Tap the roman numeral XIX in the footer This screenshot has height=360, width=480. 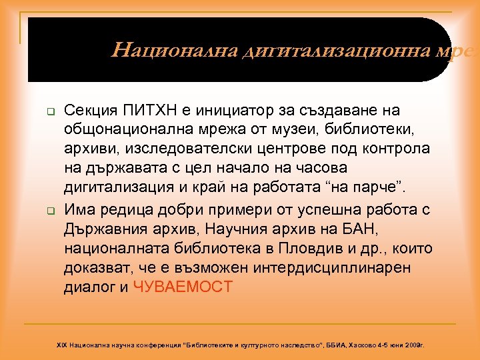(x=62, y=346)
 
